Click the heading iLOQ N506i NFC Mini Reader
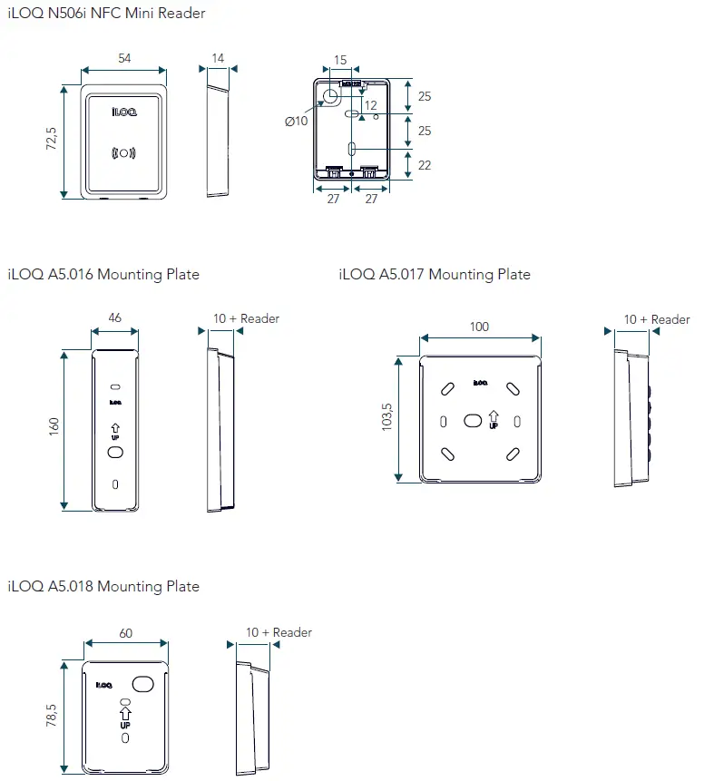click(106, 13)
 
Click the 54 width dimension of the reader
click(123, 58)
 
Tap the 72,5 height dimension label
click(52, 141)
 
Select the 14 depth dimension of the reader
click(218, 58)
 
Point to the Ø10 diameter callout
click(297, 122)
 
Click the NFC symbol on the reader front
click(123, 152)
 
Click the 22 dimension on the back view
click(424, 165)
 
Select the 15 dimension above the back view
click(340, 60)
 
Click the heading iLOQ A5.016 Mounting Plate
click(103, 274)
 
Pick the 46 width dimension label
click(115, 318)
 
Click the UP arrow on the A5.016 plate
click(115, 430)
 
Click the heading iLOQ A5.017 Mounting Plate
click(435, 274)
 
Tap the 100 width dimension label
click(479, 327)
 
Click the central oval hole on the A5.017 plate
click(473, 421)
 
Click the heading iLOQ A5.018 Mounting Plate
click(103, 586)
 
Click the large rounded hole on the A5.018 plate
click(143, 683)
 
